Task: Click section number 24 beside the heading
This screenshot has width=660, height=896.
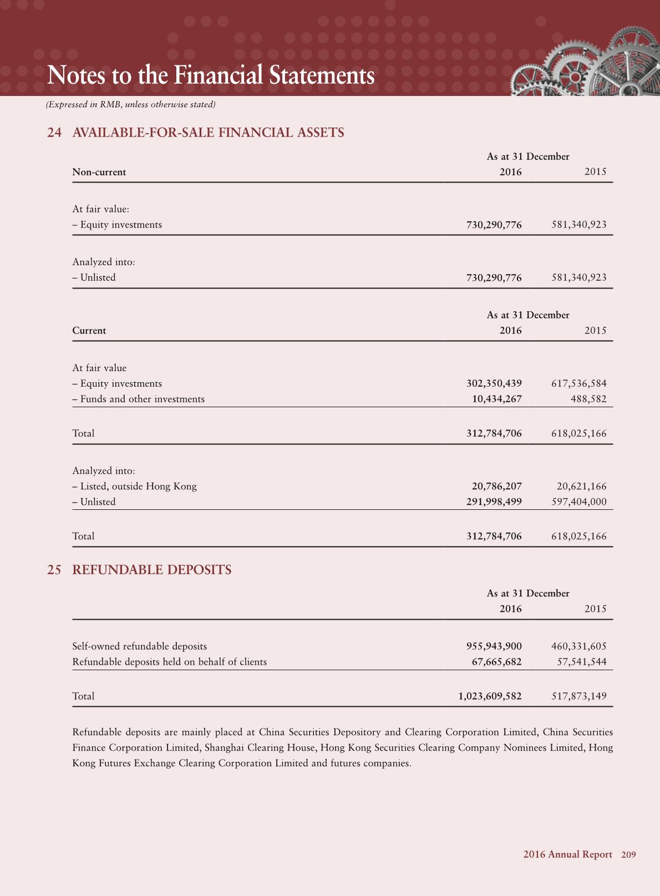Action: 54,133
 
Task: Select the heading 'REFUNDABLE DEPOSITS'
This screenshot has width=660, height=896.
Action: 152,570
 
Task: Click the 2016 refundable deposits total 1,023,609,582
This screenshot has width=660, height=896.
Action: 490,696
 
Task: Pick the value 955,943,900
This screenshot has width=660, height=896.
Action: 494,646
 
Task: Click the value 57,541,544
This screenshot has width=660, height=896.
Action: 581,661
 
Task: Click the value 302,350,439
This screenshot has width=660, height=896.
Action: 494,383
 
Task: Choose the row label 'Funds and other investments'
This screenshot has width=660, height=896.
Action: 142,399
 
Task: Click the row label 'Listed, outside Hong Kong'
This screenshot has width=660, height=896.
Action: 138,486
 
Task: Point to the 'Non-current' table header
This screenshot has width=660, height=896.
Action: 99,172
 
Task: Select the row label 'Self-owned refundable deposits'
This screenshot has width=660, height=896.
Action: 140,646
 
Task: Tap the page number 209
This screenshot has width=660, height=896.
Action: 628,854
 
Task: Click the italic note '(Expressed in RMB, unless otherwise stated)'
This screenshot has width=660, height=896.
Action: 131,104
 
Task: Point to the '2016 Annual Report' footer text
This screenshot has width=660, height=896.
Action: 567,854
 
